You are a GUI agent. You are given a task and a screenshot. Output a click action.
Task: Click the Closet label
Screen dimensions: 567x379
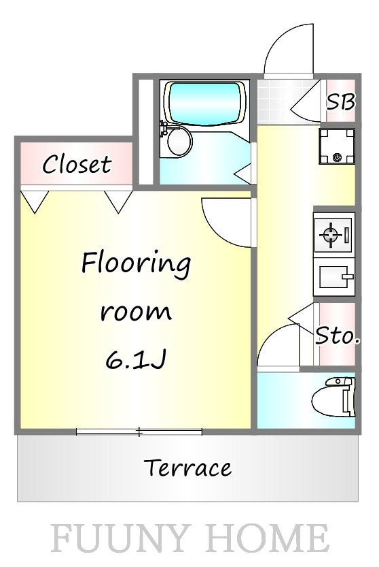[77, 164]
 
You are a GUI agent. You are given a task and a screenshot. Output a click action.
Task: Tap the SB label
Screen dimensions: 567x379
[340, 102]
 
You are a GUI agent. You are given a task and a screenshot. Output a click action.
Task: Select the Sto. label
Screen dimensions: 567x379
[337, 335]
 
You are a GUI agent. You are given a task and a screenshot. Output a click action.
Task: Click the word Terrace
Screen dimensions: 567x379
[188, 468]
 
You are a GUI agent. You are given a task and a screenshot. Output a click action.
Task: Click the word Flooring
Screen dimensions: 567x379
[136, 263]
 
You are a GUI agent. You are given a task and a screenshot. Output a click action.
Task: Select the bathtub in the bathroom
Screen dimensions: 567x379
[206, 102]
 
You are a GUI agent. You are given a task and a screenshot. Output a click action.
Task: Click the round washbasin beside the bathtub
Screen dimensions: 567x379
[179, 142]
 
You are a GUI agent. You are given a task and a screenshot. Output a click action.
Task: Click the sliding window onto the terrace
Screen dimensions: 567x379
[139, 431]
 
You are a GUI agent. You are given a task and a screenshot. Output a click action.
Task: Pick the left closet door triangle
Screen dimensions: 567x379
[35, 200]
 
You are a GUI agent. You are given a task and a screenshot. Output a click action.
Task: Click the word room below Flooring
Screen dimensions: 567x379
[136, 312]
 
